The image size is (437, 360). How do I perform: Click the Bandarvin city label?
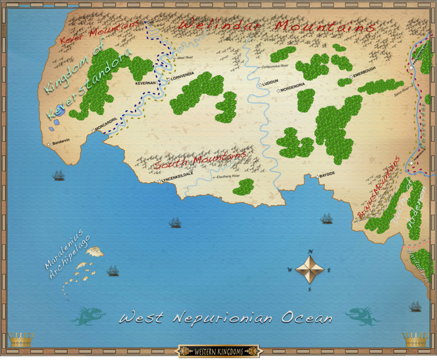pyautogui.click(x=60, y=145)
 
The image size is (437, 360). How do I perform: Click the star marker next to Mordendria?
pyautogui.click(x=279, y=90)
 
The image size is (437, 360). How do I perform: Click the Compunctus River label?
pyautogui.click(x=273, y=66)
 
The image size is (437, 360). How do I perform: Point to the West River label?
pyautogui.click(x=184, y=58)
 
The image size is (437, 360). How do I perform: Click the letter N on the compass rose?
pyautogui.click(x=311, y=251)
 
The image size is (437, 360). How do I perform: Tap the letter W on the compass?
pyautogui.click(x=290, y=270)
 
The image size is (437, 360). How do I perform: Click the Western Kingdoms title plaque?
pyautogui.click(x=218, y=351)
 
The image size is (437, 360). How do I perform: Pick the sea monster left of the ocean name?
pyautogui.click(x=87, y=316)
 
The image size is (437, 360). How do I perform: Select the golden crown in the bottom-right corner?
pyautogui.click(x=415, y=340)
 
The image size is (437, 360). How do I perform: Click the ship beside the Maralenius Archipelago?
pyautogui.click(x=113, y=271)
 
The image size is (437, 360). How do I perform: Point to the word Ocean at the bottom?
pyautogui.click(x=306, y=318)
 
